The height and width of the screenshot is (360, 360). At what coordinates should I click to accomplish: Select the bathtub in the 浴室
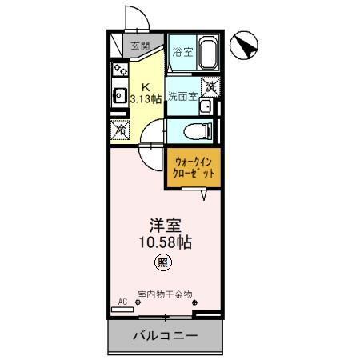pyautogui.click(x=206, y=53)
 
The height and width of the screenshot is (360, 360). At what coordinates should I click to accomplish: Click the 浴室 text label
pyautogui.click(x=182, y=53)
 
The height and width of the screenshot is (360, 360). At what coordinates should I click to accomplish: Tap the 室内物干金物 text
pyautogui.click(x=165, y=293)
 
